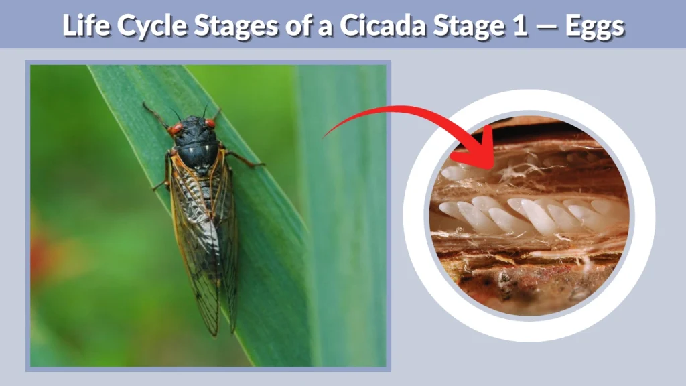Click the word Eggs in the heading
coord(595,25)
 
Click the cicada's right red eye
coord(210,123)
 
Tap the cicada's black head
coord(193,129)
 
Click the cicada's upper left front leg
coord(156,114)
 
